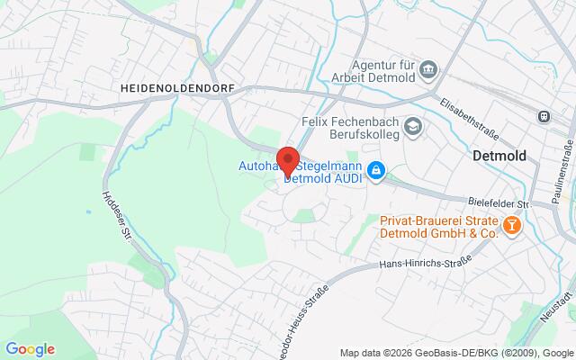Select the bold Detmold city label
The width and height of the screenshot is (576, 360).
point(499,156)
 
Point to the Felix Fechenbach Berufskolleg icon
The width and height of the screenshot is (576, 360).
point(412,126)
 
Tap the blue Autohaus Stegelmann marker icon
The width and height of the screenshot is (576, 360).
point(379,169)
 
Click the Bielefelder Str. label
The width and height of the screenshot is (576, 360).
point(500,203)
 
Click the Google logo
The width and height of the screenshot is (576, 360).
point(30,349)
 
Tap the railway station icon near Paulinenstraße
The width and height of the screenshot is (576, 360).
point(544,116)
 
